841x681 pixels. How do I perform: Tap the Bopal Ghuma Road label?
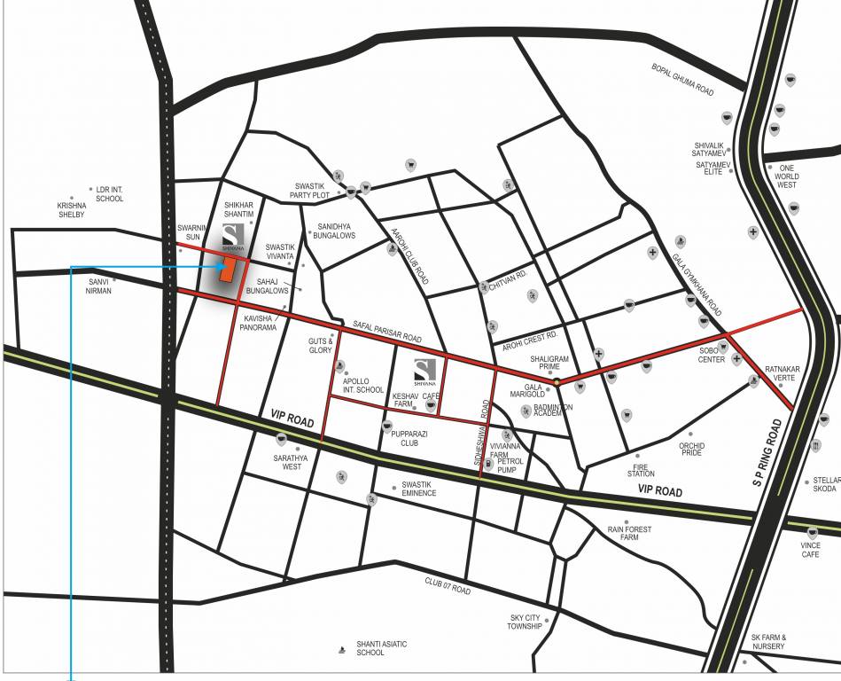click(682, 79)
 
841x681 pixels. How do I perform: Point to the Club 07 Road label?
click(447, 586)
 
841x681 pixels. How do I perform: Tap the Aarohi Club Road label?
click(410, 256)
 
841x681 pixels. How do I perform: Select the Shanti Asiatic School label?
click(382, 648)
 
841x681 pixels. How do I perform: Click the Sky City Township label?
click(525, 622)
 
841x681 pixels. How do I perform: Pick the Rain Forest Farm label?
click(629, 533)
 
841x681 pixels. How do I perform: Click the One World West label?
click(787, 180)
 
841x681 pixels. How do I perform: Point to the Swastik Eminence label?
click(418, 489)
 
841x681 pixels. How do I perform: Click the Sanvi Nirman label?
click(98, 286)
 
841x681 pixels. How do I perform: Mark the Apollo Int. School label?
click(363, 384)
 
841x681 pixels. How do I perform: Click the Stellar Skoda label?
click(824, 484)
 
